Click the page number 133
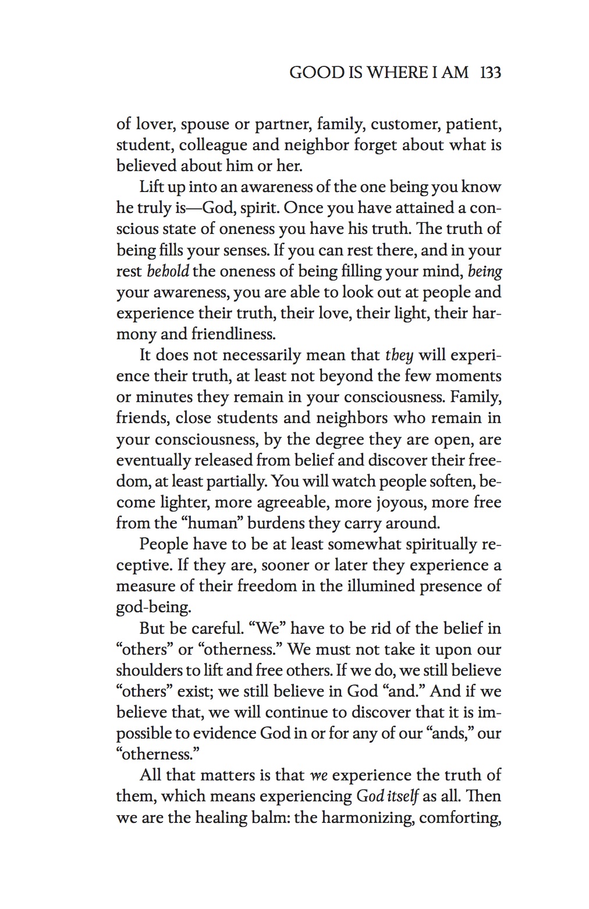tap(490, 73)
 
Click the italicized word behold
tap(168, 271)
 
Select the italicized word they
tap(399, 355)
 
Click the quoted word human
tap(219, 523)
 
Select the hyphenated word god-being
tap(153, 608)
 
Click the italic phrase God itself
tap(387, 796)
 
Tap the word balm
tap(267, 818)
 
